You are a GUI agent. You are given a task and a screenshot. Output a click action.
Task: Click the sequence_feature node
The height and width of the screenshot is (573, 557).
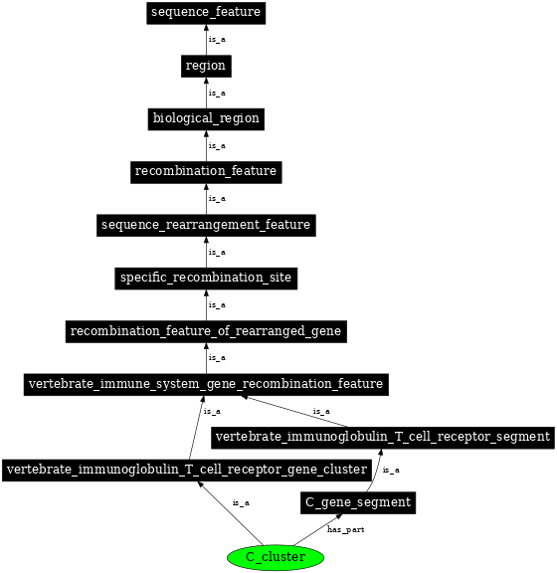206,13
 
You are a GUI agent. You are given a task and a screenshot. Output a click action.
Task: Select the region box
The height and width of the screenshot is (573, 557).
206,66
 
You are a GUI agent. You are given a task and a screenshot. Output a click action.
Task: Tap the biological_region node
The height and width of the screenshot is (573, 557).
206,118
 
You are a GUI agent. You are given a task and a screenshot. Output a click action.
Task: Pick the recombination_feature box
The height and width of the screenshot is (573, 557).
206,171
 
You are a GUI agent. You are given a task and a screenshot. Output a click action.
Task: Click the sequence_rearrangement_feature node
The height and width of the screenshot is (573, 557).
206,225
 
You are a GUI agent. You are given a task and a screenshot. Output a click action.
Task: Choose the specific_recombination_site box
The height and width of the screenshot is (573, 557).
206,278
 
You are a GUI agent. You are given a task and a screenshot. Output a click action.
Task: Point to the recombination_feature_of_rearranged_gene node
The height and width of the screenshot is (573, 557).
206,330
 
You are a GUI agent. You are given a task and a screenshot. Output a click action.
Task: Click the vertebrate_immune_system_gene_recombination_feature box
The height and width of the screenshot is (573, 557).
206,384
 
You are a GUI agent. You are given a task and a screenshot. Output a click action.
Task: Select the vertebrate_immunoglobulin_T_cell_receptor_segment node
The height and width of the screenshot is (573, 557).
383,437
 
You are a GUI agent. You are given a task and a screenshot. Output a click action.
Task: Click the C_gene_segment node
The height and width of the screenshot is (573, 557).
357,503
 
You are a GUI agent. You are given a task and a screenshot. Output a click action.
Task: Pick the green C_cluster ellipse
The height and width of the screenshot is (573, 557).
276,557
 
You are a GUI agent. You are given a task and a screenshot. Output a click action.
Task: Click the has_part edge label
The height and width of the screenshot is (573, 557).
345,530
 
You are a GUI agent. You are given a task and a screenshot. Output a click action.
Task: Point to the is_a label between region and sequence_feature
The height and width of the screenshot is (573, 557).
217,40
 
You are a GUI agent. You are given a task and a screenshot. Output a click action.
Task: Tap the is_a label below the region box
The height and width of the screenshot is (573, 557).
217,93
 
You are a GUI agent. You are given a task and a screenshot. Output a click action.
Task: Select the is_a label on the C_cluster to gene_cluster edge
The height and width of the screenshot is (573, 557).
241,503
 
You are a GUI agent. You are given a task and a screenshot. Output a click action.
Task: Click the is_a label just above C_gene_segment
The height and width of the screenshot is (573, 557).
391,471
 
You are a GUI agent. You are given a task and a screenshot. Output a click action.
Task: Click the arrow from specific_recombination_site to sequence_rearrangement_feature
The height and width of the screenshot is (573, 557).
206,252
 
